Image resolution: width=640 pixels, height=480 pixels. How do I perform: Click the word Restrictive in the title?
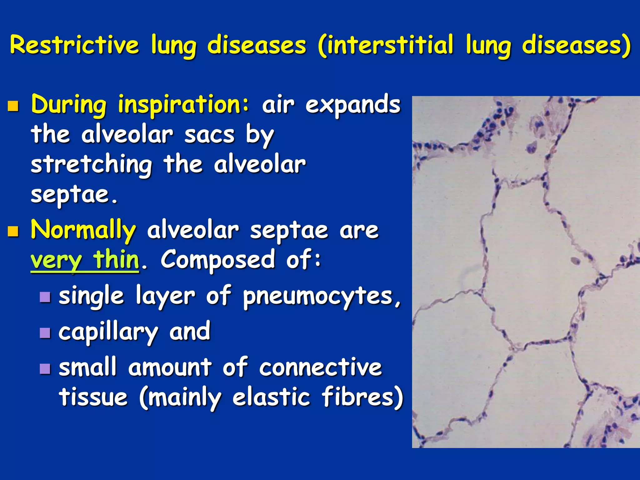tap(74, 45)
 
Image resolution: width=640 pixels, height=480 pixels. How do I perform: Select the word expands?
tap(353, 105)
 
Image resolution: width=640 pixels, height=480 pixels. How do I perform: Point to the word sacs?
tap(209, 135)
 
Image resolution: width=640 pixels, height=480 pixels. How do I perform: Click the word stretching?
tap(92, 165)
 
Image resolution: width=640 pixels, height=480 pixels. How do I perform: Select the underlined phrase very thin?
tap(85, 260)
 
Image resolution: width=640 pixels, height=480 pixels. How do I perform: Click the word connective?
tap(320, 367)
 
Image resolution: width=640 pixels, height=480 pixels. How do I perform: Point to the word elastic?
tap(271, 397)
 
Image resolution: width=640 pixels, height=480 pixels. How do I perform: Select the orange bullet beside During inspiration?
tap(13, 106)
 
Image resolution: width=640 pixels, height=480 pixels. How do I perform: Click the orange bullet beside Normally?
tap(13, 232)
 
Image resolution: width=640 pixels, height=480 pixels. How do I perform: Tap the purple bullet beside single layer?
tap(45, 297)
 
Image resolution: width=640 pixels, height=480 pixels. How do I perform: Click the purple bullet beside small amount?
tap(45, 369)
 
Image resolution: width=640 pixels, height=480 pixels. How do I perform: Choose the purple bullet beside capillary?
tap(45, 333)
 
